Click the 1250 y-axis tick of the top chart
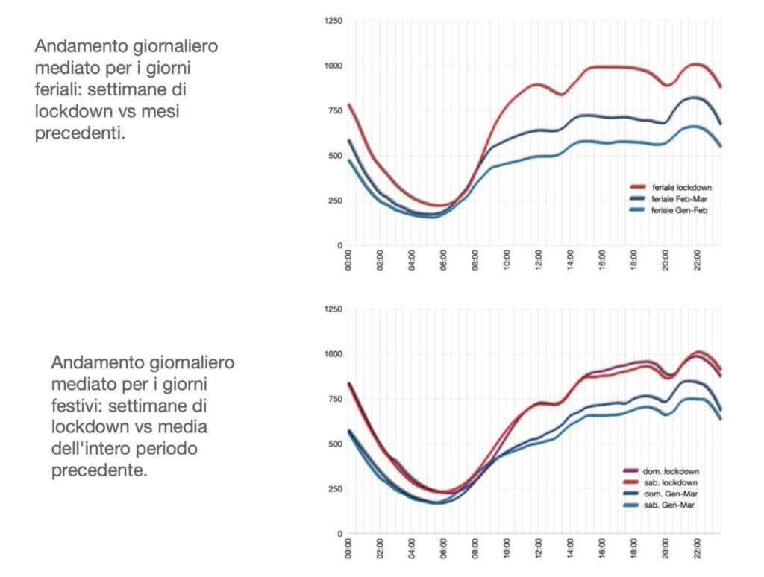point(333,22)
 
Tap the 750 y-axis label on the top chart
point(335,111)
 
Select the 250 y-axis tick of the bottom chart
point(335,489)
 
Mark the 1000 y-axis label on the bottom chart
point(333,354)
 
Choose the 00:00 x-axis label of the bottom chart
point(348,548)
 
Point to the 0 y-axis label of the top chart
point(339,245)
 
